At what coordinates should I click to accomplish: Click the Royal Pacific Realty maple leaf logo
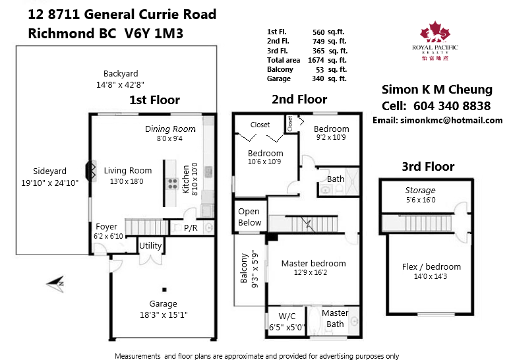coord(435,32)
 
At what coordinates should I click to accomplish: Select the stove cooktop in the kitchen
coord(172,184)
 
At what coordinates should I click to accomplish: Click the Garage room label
coord(164,304)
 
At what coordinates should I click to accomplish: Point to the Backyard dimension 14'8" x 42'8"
coord(120,84)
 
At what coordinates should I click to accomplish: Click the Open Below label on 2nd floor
coord(249,217)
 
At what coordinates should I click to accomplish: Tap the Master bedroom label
coord(313,263)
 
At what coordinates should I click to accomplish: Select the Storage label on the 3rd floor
coord(421,191)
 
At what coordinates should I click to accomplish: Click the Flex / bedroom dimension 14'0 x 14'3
coord(431,276)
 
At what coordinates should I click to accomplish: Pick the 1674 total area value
coord(316,60)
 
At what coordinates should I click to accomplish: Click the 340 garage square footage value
coord(318,78)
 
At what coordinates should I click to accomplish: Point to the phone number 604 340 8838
coord(452,106)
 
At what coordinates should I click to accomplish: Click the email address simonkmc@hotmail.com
coord(452,121)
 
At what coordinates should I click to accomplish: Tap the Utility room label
coord(150,245)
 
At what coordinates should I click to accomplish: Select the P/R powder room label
coord(191,228)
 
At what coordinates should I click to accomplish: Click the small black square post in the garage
coord(164,289)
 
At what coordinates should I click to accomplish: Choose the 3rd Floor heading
coord(428,166)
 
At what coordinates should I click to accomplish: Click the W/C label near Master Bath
coord(287,316)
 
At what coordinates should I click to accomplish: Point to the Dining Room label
coord(170,129)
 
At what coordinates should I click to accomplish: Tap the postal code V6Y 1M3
coord(154,34)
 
